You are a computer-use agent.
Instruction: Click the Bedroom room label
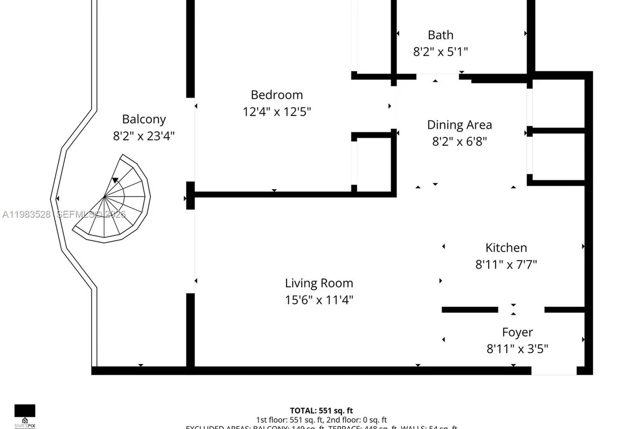(276, 95)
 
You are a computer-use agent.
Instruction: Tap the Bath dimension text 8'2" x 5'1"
(440, 52)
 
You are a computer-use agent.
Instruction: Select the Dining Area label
(459, 125)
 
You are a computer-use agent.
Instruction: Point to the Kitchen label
(506, 248)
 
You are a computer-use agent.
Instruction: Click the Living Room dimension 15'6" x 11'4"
(319, 300)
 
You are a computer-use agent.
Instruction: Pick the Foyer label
(517, 332)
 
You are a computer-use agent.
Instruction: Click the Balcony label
(144, 120)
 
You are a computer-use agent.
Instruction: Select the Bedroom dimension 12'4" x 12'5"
(276, 112)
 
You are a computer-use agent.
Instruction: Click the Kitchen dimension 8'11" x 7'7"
(506, 264)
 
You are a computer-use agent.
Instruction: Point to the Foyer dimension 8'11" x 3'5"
(517, 350)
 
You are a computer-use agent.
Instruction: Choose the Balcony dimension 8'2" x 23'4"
(144, 136)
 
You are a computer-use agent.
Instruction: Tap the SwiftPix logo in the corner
(25, 413)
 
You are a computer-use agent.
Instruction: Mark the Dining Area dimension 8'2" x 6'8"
(459, 142)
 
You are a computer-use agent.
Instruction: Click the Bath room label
(440, 35)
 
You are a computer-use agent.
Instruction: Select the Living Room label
(319, 283)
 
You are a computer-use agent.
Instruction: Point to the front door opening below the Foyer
(554, 371)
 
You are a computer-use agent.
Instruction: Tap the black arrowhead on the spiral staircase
(115, 181)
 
